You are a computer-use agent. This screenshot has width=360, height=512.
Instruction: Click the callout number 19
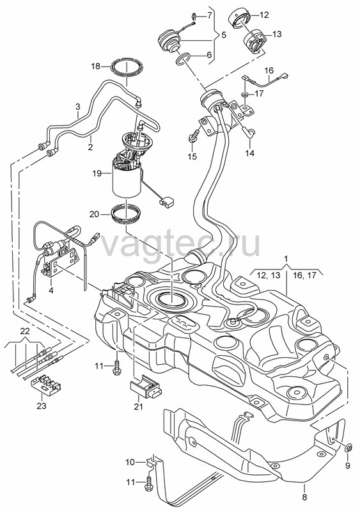97,173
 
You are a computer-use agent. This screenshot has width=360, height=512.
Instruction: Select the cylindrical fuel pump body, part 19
127,180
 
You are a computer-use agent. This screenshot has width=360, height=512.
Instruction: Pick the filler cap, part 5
169,41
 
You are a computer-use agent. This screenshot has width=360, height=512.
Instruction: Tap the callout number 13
277,35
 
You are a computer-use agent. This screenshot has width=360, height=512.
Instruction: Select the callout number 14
249,153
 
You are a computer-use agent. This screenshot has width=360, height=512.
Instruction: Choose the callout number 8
304,498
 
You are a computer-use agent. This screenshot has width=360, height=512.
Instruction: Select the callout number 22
25,331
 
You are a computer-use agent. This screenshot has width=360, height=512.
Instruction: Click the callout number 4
51,290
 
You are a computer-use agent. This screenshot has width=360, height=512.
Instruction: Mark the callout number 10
130,462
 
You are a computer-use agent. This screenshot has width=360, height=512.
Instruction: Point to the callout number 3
77,106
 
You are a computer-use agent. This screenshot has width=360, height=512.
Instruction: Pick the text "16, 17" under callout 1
304,275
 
